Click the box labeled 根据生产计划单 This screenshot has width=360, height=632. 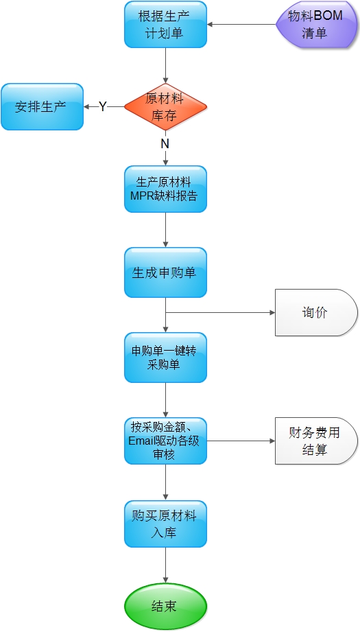point(165,24)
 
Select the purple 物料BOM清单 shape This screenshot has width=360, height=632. point(317,24)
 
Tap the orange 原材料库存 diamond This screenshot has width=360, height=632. point(165,107)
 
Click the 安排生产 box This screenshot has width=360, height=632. point(43,107)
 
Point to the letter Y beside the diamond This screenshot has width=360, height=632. point(103,107)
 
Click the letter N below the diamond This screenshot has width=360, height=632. point(165,144)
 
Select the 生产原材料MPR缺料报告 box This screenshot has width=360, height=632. point(165,189)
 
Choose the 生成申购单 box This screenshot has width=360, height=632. point(165,272)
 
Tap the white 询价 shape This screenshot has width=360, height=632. point(317,312)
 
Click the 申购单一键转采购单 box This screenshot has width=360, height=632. point(165,358)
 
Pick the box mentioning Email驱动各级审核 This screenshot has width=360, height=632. point(165,441)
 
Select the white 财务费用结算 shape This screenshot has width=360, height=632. point(317,441)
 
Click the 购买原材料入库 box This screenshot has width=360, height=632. point(165,524)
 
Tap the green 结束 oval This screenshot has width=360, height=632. point(165,607)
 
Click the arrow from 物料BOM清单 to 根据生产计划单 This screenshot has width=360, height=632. point(241,24)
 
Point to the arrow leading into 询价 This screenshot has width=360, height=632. point(220,312)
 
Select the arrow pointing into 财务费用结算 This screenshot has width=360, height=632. point(241,441)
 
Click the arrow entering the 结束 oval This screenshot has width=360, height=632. point(165,565)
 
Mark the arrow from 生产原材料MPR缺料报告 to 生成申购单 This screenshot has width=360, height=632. point(165,230)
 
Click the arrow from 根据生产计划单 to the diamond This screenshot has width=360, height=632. point(165,65)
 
